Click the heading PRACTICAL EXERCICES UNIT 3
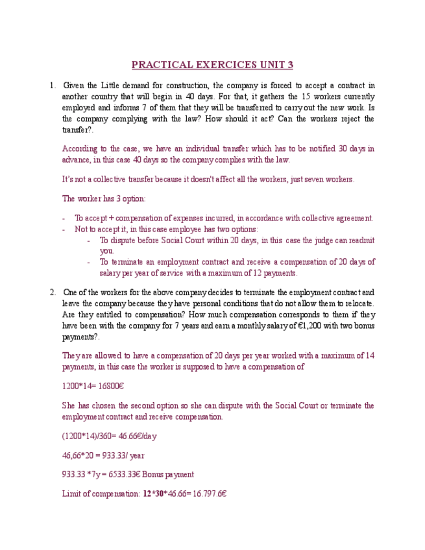212,65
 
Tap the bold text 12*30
154,494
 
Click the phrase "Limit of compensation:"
101,494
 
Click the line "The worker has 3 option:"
104,198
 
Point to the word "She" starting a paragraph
69,405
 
